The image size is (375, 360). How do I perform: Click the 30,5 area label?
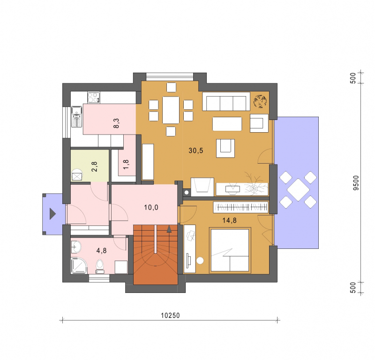195,150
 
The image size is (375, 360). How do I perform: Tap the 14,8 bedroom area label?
230,220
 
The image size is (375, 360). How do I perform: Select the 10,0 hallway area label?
151,207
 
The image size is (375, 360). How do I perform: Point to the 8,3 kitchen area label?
116,123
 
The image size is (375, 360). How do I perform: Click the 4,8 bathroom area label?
101,250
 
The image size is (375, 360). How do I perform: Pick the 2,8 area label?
94,167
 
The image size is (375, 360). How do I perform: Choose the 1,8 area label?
126,165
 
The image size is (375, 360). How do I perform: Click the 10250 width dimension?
170,315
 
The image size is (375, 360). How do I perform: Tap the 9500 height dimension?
356,183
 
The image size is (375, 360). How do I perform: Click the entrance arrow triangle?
52,214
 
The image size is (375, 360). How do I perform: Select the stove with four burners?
94,97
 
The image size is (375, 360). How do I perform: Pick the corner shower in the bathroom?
79,265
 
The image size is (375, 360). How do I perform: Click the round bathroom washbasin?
76,247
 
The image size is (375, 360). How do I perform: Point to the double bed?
230,250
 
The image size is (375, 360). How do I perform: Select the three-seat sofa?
226,101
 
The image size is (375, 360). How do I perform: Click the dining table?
171,110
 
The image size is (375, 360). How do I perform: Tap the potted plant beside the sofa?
261,101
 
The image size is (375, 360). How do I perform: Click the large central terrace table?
298,190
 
